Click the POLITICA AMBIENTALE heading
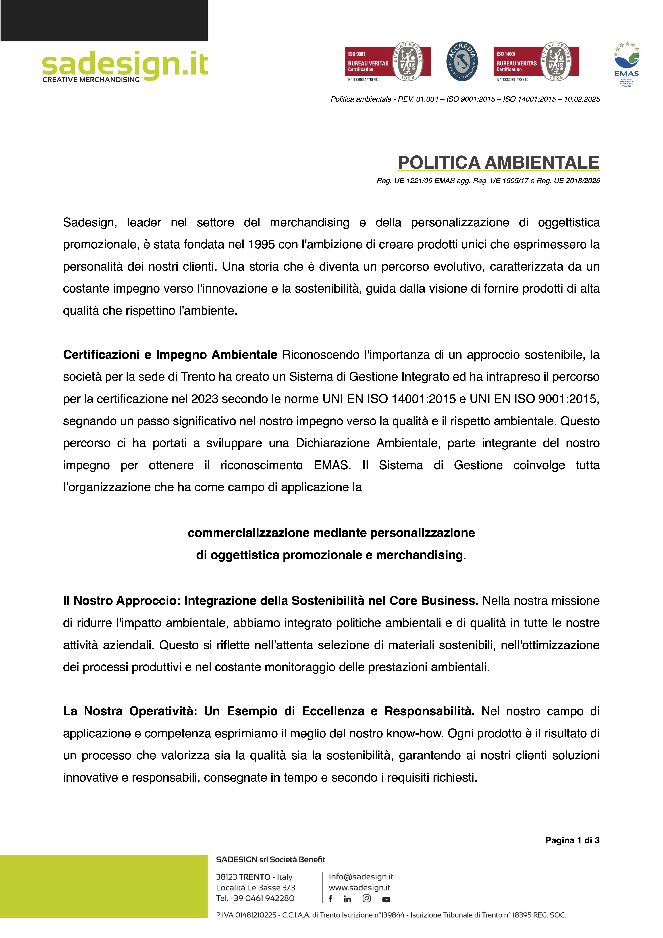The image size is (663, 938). (498, 163)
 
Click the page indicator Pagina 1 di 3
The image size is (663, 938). (572, 840)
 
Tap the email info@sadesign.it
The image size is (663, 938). (361, 877)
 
